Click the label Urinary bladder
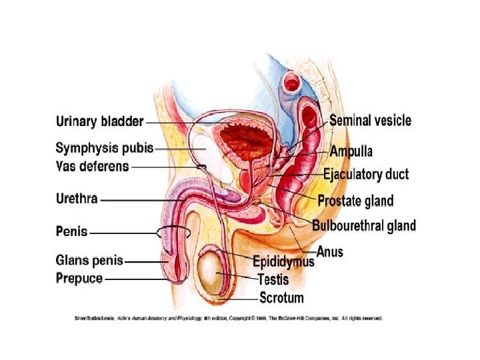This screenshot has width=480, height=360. click(99, 122)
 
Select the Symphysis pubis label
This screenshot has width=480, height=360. click(105, 147)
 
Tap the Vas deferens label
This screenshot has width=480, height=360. click(92, 167)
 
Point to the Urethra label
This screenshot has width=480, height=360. click(77, 199)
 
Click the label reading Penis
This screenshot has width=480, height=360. click(72, 232)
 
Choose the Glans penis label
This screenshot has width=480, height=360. click(89, 261)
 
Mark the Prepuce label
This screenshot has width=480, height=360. click(79, 278)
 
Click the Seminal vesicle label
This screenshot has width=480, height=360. click(370, 121)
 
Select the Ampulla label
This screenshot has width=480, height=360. click(351, 151)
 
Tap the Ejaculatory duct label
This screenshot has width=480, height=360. click(366, 175)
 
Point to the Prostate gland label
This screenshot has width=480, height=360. click(355, 201)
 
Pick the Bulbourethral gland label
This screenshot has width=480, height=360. click(364, 225)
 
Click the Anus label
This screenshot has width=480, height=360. click(329, 251)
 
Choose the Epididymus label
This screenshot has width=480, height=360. click(283, 261)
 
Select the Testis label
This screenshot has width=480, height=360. click(273, 279)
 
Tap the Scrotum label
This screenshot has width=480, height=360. click(281, 297)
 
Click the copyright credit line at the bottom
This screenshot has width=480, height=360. click(227, 319)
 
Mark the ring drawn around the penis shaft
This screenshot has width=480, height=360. click(175, 233)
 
